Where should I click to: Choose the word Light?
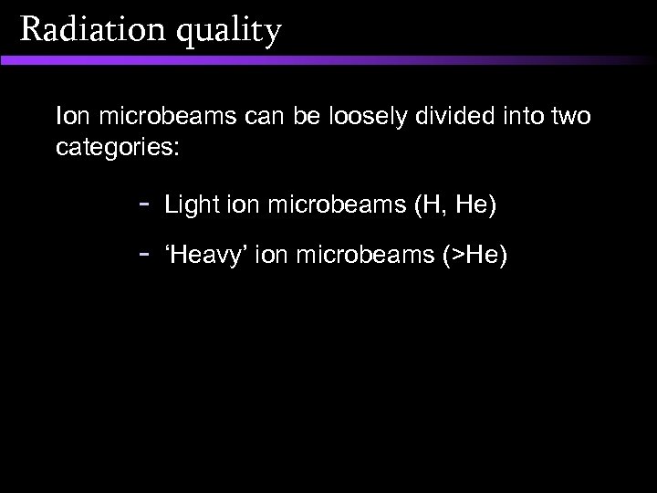(189, 207)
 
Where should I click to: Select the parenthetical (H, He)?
(455, 207)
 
